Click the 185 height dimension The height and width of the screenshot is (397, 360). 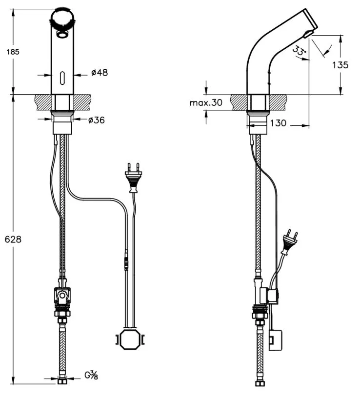coord(13,52)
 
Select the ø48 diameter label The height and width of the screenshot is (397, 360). coord(100,73)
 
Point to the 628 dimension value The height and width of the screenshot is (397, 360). coord(14,239)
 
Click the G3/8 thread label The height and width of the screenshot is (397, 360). coord(91,376)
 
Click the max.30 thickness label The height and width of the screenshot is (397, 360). coord(206,102)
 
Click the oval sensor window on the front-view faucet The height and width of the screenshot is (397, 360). coord(62,77)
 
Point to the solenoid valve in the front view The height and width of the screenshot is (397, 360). coord(62,297)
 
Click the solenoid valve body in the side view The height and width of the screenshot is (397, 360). coord(269,296)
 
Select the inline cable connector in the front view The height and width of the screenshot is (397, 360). coord(126,260)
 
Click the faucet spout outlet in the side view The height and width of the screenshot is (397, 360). coord(307,33)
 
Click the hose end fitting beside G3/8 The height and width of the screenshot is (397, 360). coord(62,378)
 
